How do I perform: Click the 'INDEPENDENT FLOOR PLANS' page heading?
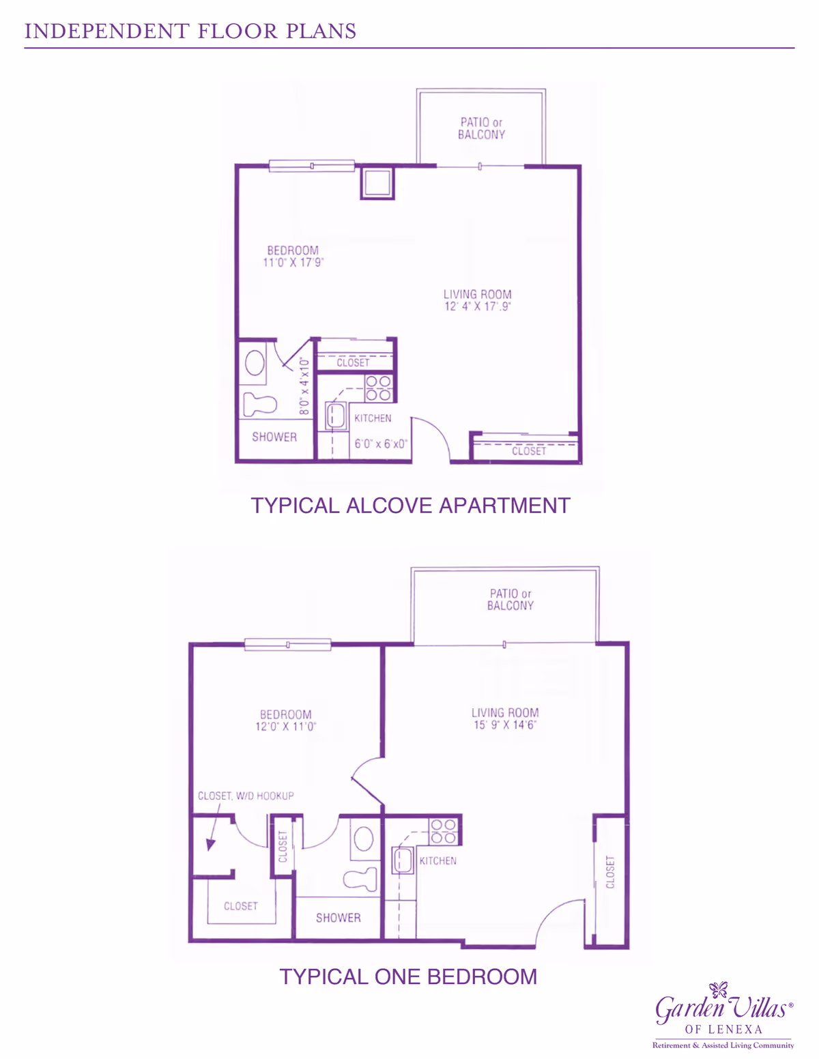[190, 31]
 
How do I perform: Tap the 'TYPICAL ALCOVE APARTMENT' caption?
[410, 506]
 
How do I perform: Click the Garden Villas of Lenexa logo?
[723, 1015]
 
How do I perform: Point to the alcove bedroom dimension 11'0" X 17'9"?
[293, 263]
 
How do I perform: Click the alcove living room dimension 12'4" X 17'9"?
[478, 306]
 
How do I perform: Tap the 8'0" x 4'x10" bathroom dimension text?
[304, 386]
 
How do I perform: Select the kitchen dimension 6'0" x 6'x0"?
[381, 444]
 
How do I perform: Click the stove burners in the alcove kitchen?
[378, 388]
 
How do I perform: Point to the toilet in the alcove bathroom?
[260, 404]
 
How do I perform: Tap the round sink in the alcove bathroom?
[255, 362]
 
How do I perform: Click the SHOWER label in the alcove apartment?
[274, 437]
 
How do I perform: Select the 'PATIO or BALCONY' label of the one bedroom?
[510, 599]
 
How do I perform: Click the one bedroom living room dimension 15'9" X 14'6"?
[505, 725]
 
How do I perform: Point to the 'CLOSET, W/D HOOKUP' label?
[246, 796]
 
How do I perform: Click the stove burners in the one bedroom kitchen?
[444, 831]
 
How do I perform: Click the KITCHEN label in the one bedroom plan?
[438, 861]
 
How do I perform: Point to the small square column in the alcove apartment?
[377, 183]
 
